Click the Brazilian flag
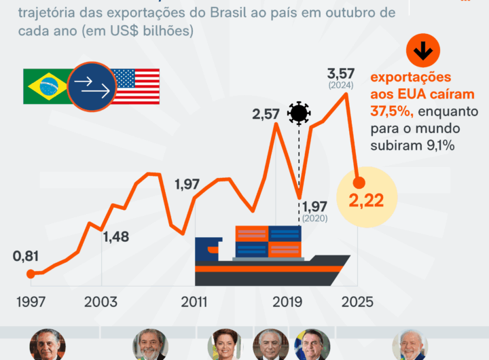(x=46, y=86)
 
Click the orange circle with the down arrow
(x=423, y=50)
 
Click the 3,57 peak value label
(x=341, y=73)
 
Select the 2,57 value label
(x=266, y=114)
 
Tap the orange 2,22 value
(x=367, y=200)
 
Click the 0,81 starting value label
(x=26, y=256)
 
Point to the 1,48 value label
(x=116, y=237)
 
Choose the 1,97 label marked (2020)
(x=315, y=206)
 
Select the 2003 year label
(x=101, y=302)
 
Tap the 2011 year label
(x=194, y=302)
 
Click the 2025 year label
(x=356, y=302)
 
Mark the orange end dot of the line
(x=359, y=182)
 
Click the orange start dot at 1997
(x=30, y=274)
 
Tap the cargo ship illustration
(x=272, y=255)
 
